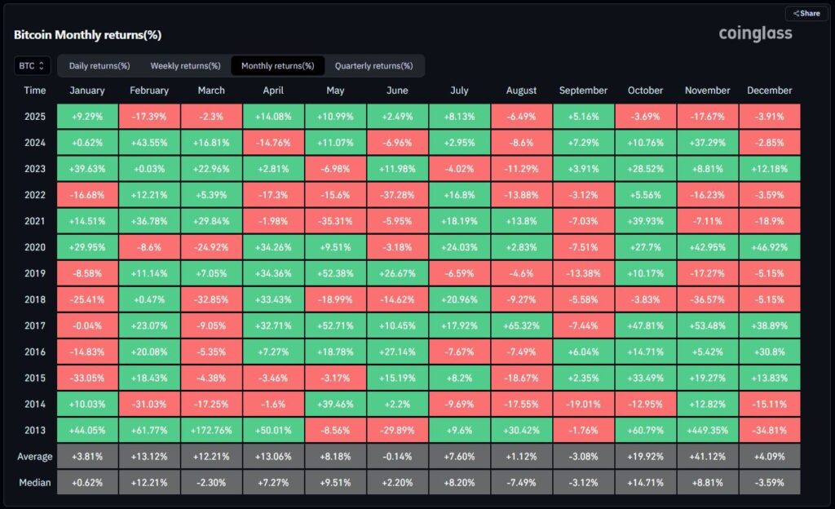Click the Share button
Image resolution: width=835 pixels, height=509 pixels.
pos(806,13)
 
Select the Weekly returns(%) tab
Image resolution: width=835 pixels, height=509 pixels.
pos(185,66)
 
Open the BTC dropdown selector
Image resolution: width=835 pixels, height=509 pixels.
pos(33,66)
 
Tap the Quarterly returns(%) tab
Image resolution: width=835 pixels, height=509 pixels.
pos(374,66)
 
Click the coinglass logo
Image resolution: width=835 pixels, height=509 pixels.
pos(755,33)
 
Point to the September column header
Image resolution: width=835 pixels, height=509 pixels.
pos(583,91)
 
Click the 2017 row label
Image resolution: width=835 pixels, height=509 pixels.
pos(35,325)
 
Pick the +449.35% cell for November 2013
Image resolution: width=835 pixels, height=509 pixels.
pos(707,430)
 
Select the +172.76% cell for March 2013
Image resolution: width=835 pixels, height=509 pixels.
pos(211,430)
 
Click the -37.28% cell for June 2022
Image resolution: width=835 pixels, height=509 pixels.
pos(397,195)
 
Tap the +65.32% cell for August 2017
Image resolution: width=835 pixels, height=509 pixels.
pos(521,325)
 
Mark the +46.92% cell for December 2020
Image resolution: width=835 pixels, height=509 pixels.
pos(769,247)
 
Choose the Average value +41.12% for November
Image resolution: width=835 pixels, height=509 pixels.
pos(707,456)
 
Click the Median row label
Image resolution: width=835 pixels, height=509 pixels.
pos(35,482)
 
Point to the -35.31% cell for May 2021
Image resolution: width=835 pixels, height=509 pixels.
pos(335,221)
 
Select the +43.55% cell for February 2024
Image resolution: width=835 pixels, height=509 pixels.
pos(149,143)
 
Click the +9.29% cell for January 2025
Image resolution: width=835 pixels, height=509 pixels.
pos(87,117)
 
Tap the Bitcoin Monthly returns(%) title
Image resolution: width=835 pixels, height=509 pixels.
pos(87,36)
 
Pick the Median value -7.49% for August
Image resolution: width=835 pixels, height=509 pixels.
pos(521,482)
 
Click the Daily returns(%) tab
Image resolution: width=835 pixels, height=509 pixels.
pos(99,66)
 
